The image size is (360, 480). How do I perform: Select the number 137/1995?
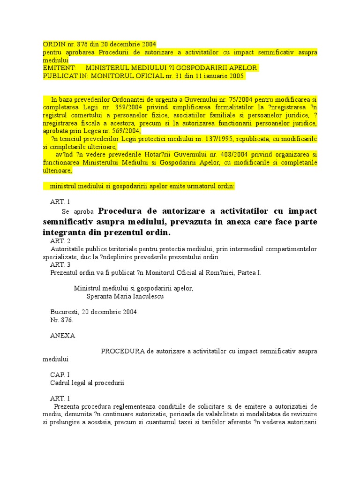click(218, 139)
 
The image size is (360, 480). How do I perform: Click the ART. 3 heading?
click(60, 264)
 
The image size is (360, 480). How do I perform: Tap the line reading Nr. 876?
click(62, 320)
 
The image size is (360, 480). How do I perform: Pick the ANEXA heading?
click(62, 336)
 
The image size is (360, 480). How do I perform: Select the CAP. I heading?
click(60, 375)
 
